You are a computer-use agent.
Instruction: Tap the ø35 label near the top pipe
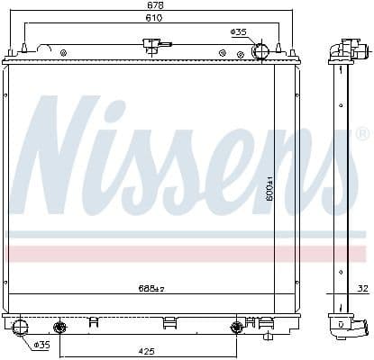(x=239, y=32)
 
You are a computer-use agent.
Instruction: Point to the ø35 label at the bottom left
(x=41, y=345)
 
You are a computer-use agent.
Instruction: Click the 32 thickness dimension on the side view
(x=360, y=289)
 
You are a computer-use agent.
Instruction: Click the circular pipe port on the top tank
(x=260, y=50)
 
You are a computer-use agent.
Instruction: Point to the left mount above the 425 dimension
(x=60, y=326)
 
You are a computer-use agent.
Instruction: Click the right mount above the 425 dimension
(x=238, y=326)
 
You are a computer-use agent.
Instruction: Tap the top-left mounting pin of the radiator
(x=23, y=50)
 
